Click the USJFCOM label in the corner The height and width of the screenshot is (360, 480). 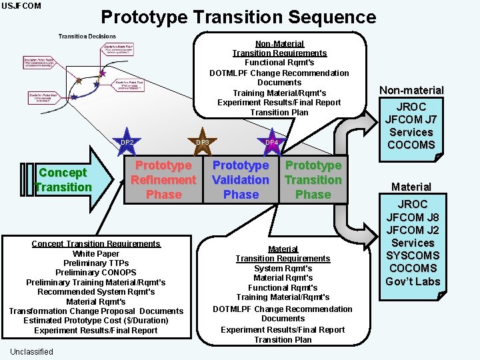(21, 6)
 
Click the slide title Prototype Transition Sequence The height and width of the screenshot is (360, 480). (238, 17)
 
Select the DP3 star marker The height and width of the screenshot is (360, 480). (203, 142)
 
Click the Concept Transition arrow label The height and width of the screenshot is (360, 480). (63, 180)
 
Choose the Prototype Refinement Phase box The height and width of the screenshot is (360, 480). (163, 180)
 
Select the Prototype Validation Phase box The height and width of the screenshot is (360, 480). (241, 180)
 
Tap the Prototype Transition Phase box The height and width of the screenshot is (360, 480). (313, 180)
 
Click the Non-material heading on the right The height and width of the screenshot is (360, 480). (411, 90)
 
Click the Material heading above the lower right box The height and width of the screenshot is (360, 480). (411, 187)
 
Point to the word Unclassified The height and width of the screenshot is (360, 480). (32, 351)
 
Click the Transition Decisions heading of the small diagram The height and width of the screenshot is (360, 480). (87, 37)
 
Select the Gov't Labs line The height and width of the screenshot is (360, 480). (413, 281)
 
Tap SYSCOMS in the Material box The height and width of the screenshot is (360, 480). (413, 255)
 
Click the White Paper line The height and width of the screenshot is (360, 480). (96, 253)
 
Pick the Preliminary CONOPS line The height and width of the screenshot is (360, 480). (96, 272)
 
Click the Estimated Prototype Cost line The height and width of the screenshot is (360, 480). (96, 321)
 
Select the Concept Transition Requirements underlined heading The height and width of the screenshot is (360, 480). (96, 243)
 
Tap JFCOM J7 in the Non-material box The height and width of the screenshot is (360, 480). (411, 119)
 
